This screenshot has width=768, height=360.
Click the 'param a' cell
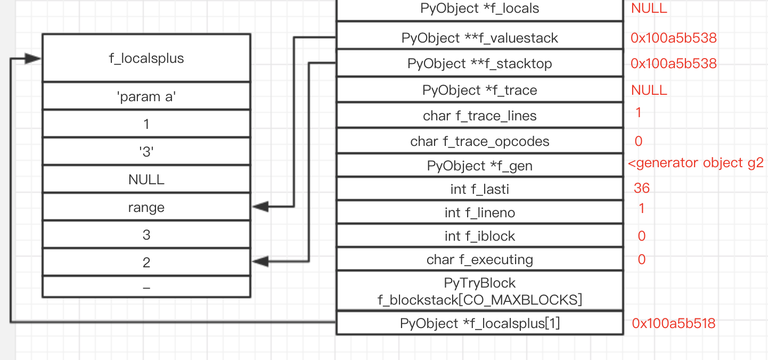click(146, 97)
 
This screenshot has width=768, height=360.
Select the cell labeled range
click(146, 208)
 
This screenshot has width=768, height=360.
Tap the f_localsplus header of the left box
click(146, 58)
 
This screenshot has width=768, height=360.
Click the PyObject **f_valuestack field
click(479, 38)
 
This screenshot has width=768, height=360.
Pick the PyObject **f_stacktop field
click(479, 64)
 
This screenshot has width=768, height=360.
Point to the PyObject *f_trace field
click(479, 91)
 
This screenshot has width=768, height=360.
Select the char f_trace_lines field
click(479, 116)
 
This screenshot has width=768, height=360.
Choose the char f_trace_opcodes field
click(479, 141)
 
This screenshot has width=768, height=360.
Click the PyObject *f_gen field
click(479, 166)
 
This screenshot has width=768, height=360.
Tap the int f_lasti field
click(479, 189)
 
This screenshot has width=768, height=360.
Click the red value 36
click(641, 188)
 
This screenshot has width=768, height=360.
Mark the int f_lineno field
click(479, 213)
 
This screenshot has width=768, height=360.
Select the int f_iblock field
click(479, 236)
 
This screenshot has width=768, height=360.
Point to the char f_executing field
click(479, 259)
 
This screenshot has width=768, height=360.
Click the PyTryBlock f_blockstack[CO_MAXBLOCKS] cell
click(479, 291)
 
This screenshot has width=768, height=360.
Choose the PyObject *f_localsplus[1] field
click(479, 323)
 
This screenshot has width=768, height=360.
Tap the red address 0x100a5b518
click(673, 323)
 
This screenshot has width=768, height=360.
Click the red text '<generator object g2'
click(696, 163)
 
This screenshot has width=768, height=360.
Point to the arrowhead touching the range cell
click(258, 207)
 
